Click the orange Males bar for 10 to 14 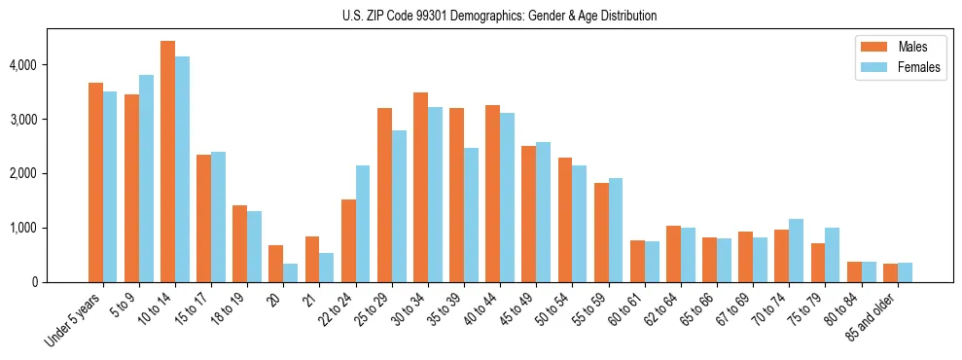pos(167,162)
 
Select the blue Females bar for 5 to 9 pos(146,178)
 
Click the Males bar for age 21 pos(312,259)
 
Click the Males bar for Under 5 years pos(95,182)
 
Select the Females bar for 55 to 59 pos(615,230)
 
